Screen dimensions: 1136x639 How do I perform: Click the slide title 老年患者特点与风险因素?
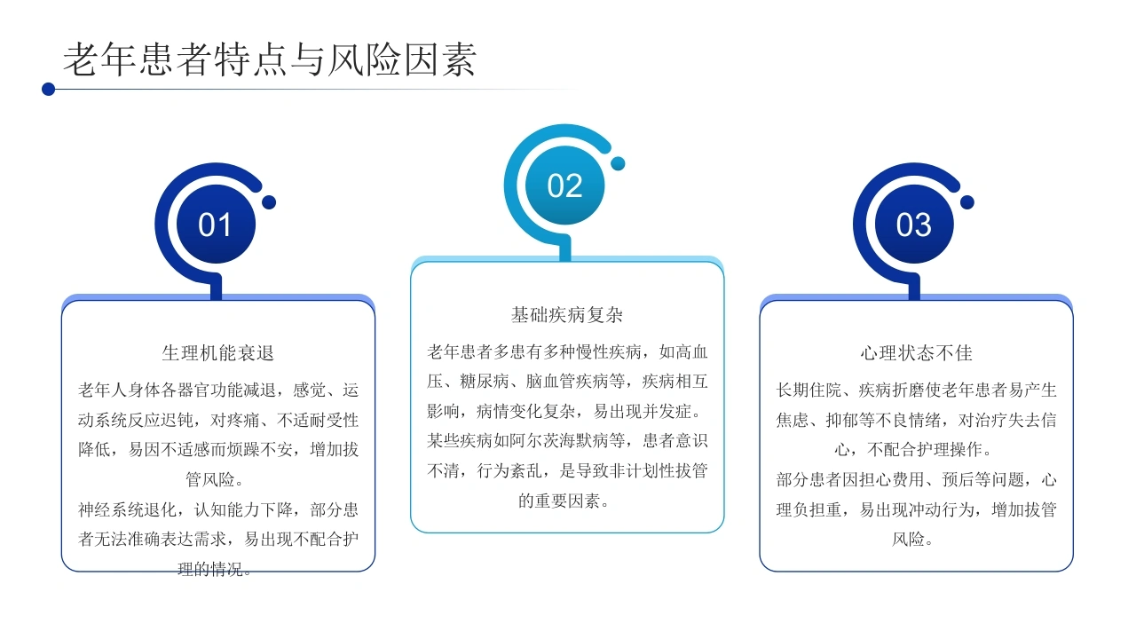[270, 59]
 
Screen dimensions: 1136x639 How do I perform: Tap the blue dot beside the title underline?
[48, 90]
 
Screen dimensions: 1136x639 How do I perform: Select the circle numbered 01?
[216, 225]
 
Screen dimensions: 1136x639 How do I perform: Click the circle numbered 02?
[565, 185]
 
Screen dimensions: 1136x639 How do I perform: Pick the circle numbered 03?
[914, 225]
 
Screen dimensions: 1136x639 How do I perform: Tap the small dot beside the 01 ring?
[269, 202]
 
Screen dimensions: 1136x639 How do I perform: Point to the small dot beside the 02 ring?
[618, 163]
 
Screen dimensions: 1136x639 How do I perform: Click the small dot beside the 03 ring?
[967, 202]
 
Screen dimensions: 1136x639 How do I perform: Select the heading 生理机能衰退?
[218, 353]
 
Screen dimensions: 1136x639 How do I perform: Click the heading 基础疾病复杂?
[567, 315]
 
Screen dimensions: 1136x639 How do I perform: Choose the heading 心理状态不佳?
[917, 353]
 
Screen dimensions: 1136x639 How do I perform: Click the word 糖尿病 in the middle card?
[485, 381]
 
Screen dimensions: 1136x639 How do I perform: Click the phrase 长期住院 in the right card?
[809, 390]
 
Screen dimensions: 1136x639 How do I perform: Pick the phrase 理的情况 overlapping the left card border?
[210, 569]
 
